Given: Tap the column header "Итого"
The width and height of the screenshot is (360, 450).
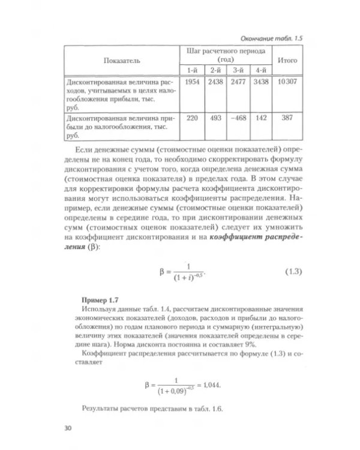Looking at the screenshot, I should (x=286, y=61).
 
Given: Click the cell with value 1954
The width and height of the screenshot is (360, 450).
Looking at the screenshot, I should (x=192, y=81).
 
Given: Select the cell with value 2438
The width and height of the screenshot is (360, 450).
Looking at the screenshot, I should (x=215, y=81).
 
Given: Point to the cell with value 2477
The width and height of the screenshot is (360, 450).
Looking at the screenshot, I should (x=238, y=81).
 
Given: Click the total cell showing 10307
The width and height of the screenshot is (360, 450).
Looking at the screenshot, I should (x=286, y=81).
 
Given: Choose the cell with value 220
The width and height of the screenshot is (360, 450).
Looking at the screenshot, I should (x=192, y=118).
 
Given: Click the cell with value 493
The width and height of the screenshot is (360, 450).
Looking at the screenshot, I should (x=215, y=118).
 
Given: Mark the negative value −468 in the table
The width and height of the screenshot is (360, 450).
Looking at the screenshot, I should (x=238, y=118).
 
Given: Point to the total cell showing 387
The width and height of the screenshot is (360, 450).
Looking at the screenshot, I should (x=286, y=118).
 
